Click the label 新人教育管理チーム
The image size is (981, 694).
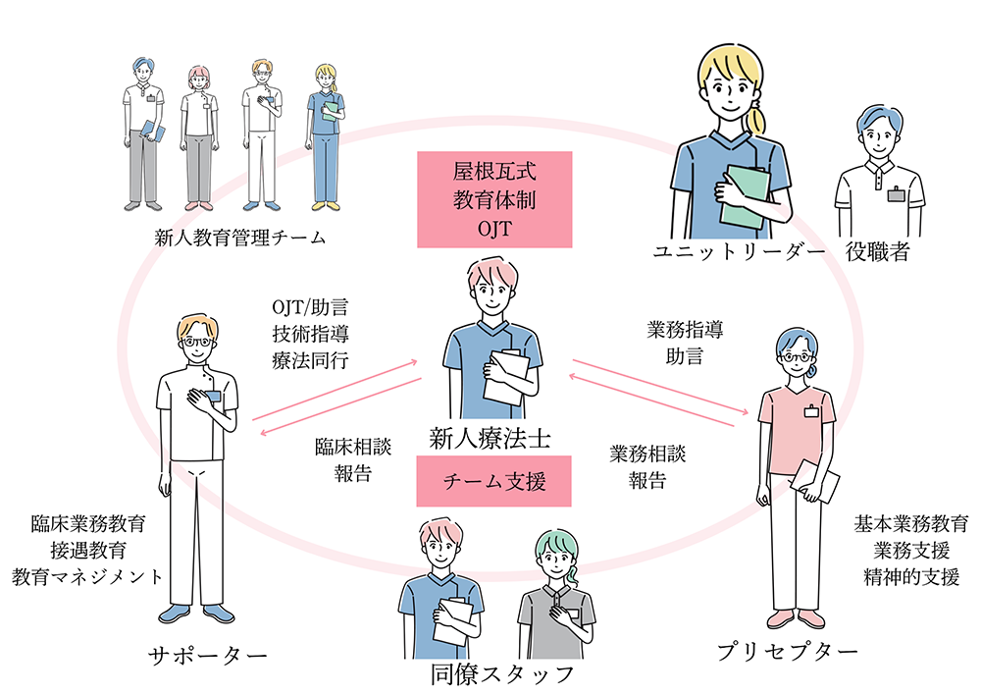click(239, 239)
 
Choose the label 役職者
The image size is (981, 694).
click(878, 252)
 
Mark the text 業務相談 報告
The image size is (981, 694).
click(647, 467)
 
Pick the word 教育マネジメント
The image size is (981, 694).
click(87, 575)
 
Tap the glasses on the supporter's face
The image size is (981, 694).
click(200, 343)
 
